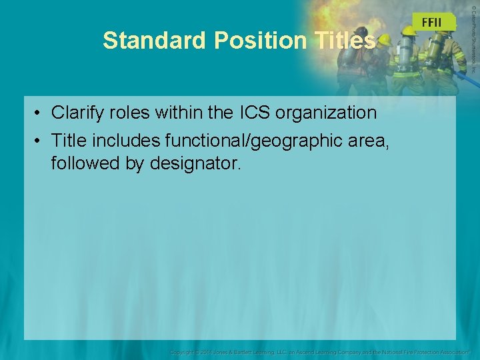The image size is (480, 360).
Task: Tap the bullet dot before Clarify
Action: click(39, 113)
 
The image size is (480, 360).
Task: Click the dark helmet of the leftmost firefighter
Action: click(361, 31)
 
